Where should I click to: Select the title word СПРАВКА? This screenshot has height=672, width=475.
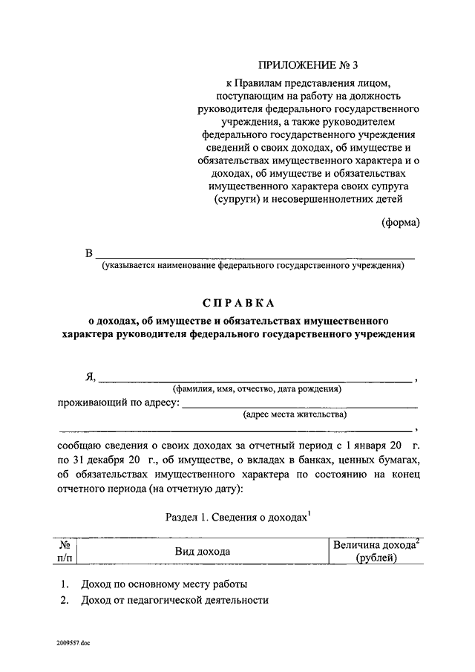click(239, 303)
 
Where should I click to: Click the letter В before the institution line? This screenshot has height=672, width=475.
click(89, 254)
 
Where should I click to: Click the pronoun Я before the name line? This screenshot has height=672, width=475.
click(90, 376)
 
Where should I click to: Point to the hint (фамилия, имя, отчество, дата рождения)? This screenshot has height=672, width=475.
click(257, 388)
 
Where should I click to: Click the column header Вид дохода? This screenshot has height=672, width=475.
click(203, 551)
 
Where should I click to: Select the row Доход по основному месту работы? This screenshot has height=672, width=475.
click(165, 584)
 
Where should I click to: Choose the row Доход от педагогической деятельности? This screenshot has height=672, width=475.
click(174, 601)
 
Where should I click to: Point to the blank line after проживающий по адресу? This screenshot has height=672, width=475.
click(299, 405)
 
